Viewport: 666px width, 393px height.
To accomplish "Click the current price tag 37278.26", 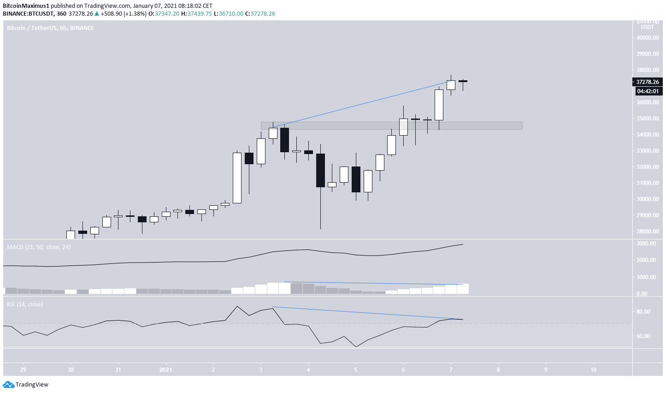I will [x=647, y=82].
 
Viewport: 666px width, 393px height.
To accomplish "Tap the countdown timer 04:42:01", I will [x=647, y=91].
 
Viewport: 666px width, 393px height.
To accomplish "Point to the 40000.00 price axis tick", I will [x=647, y=38].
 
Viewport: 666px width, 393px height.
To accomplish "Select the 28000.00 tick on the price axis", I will [x=647, y=232].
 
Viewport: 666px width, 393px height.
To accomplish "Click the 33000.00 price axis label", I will [x=647, y=151].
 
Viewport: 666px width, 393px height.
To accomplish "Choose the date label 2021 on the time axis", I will [x=165, y=370].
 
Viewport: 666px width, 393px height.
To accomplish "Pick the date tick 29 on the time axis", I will [x=23, y=370].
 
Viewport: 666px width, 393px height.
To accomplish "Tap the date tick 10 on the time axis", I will [x=593, y=370].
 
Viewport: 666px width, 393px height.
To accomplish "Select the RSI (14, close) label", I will [x=25, y=304].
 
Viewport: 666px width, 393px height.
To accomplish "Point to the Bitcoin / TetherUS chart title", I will [x=50, y=28].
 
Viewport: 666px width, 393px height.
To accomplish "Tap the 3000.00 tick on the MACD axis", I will [x=646, y=244].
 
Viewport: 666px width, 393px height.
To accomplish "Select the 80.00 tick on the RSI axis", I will [x=643, y=312].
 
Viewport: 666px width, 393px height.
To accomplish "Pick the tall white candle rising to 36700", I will [x=439, y=105].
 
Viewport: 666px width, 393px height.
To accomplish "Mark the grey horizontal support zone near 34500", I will [x=392, y=125].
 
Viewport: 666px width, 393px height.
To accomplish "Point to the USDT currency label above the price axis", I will [x=647, y=27].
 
